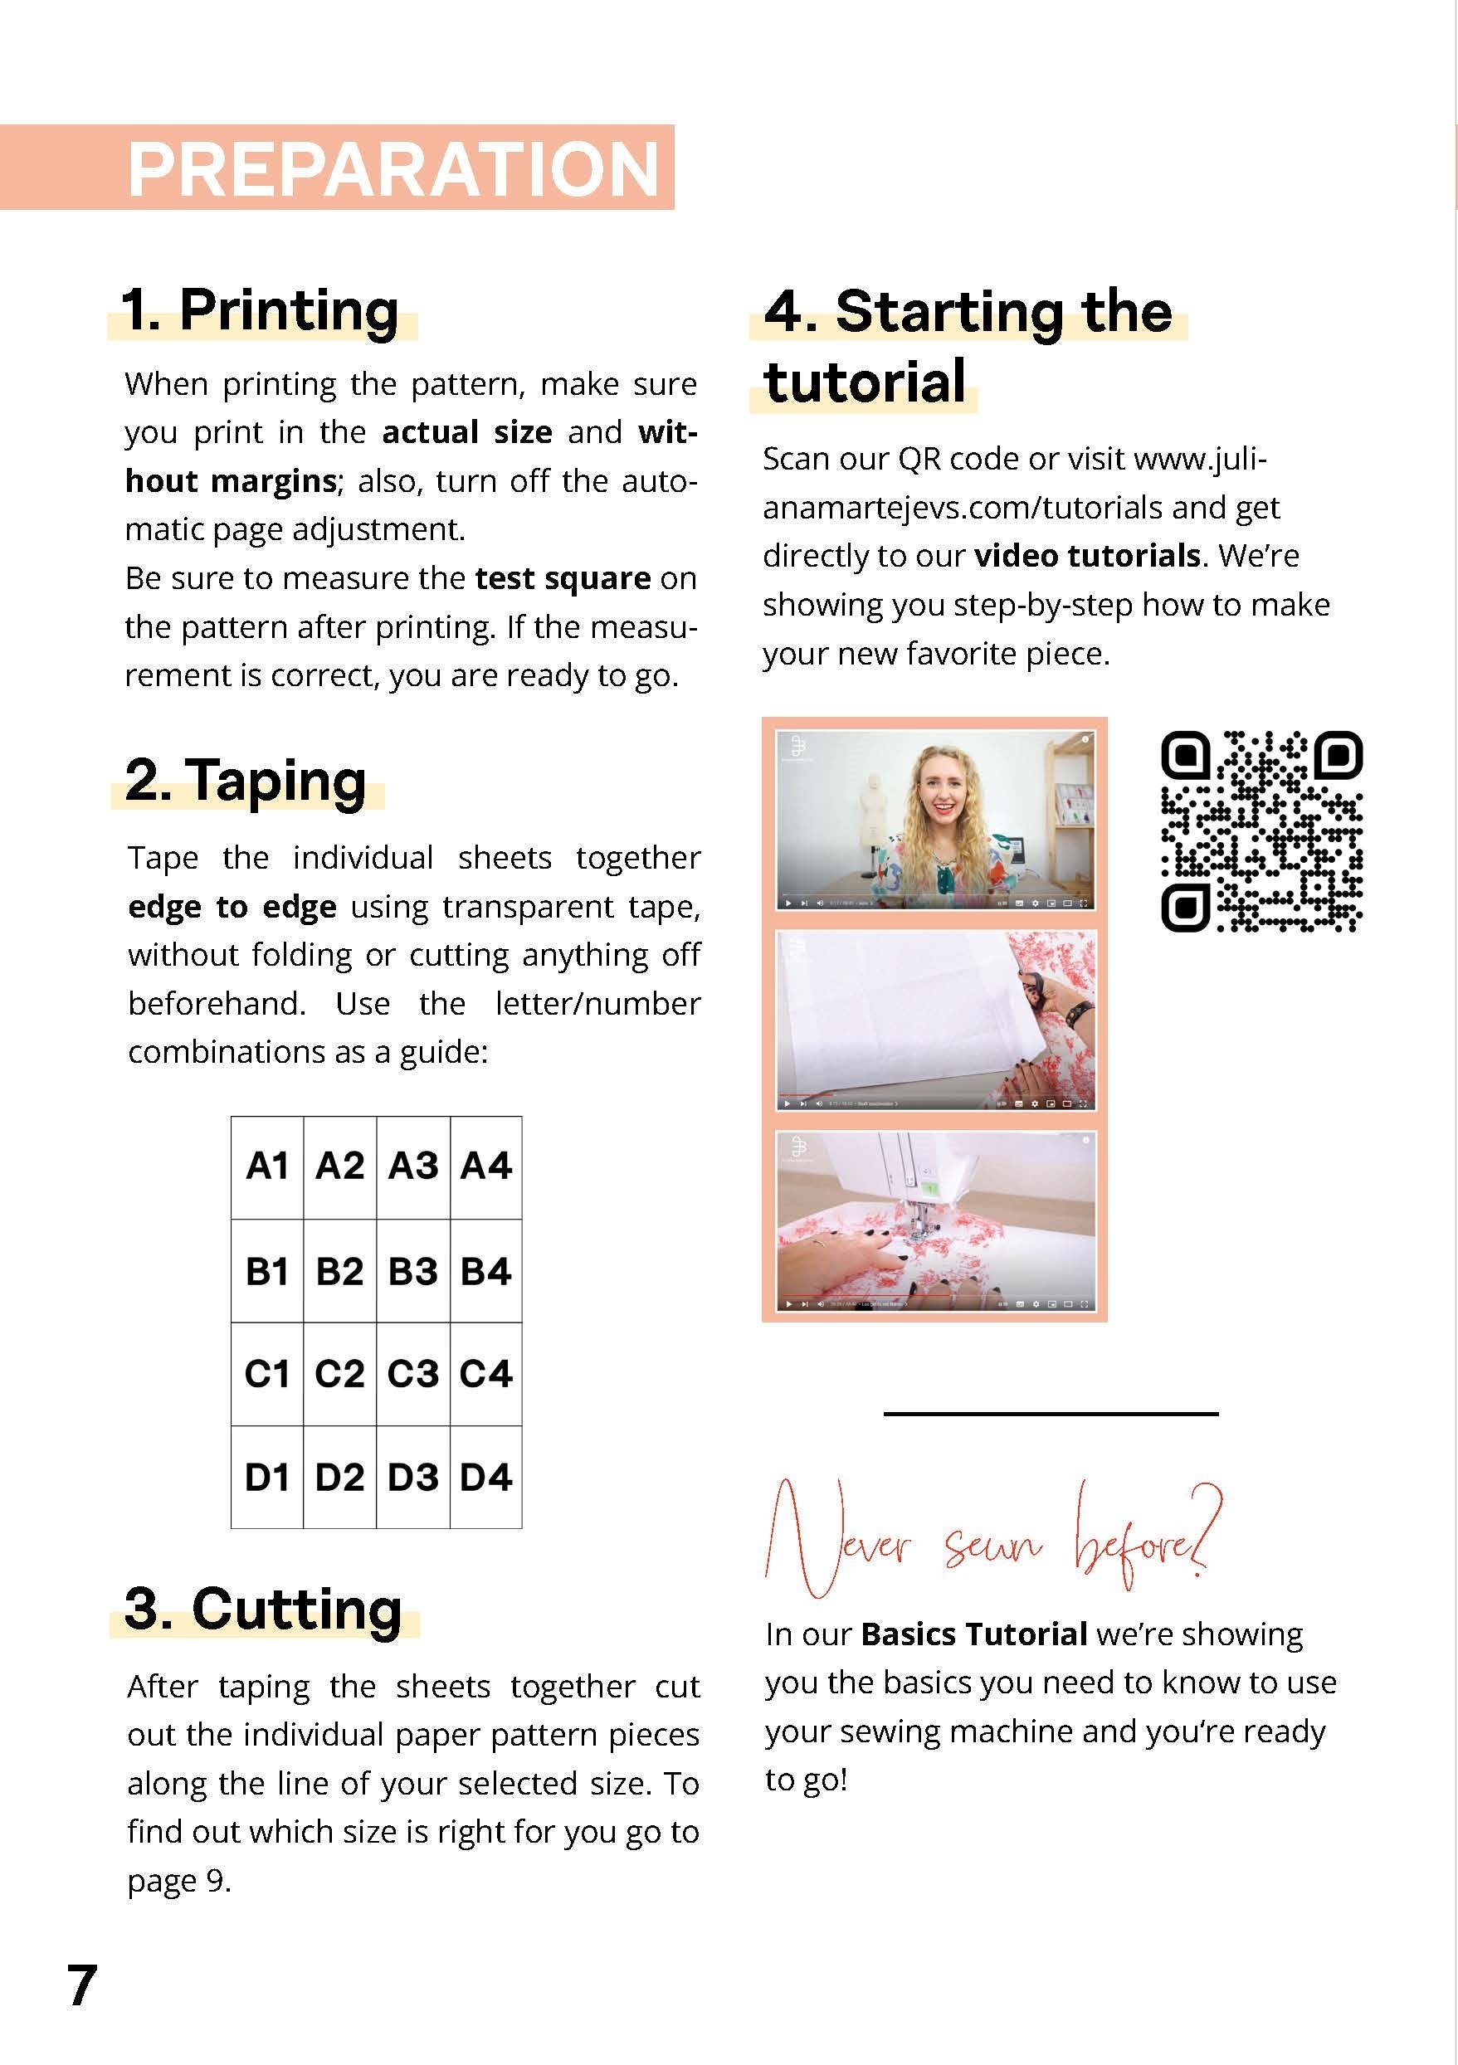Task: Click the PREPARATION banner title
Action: (393, 168)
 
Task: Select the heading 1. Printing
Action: (260, 310)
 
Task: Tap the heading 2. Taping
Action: (246, 780)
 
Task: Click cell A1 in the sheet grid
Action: (267, 1166)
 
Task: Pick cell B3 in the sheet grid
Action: (413, 1271)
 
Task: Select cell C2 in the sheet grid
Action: (340, 1373)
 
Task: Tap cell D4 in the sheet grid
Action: (485, 1477)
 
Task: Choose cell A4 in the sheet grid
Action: (485, 1166)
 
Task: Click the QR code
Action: (1262, 831)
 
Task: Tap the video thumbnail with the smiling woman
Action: (934, 821)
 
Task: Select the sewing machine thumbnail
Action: (934, 1220)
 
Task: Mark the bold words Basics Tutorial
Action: (974, 1634)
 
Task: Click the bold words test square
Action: (562, 577)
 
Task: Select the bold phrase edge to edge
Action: (232, 907)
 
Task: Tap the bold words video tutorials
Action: (1087, 556)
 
